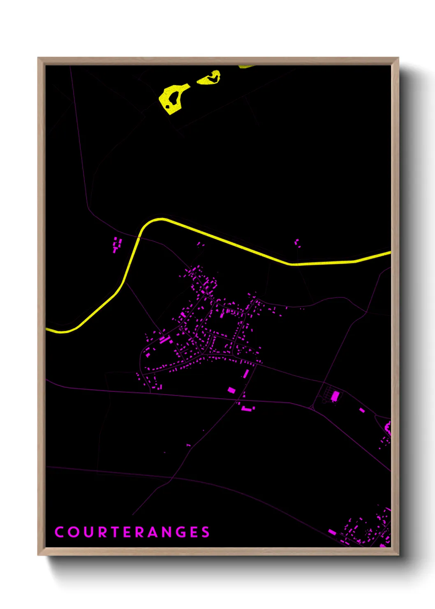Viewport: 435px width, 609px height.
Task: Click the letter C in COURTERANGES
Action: point(59,532)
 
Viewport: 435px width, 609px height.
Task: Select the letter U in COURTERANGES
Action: point(89,532)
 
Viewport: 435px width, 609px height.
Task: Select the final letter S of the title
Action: point(206,532)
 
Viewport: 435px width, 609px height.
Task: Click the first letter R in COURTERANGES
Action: point(104,532)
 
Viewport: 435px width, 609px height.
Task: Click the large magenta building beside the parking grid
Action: point(335,396)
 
